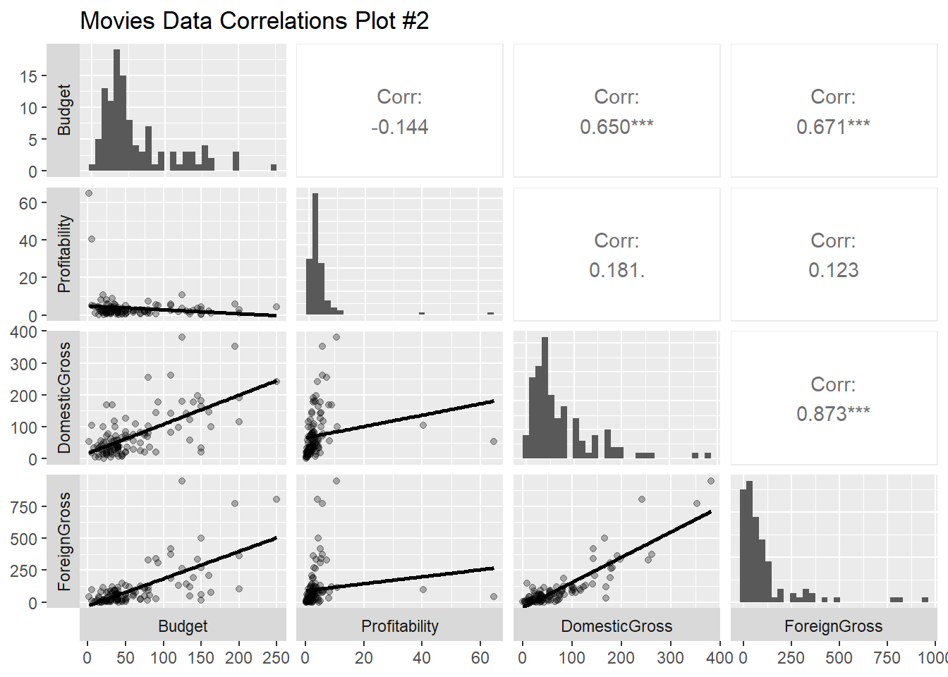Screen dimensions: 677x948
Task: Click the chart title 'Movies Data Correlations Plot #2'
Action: [254, 20]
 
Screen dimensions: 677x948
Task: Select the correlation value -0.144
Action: [399, 127]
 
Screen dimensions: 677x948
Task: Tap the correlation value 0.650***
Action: [616, 127]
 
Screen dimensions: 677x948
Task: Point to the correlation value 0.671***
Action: [833, 127]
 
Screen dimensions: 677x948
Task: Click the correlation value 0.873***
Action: [833, 414]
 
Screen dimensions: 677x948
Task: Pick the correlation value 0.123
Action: [833, 270]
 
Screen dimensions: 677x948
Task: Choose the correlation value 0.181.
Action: [616, 270]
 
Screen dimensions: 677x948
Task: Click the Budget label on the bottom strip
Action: [183, 626]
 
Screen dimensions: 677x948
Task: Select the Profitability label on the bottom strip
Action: [399, 626]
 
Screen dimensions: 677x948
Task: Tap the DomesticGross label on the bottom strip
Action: [616, 626]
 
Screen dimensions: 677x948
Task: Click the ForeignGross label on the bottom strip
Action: [833, 626]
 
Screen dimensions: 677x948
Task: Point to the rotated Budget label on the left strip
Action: [63, 109]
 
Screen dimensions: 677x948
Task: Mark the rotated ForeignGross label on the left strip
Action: [63, 542]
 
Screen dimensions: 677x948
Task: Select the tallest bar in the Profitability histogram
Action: [315, 254]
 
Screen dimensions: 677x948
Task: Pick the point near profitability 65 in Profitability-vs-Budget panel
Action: [89, 193]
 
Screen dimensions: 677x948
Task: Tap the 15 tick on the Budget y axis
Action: [28, 76]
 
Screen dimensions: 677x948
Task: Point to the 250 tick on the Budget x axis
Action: [276, 658]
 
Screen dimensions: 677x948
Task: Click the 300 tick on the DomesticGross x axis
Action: [670, 658]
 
